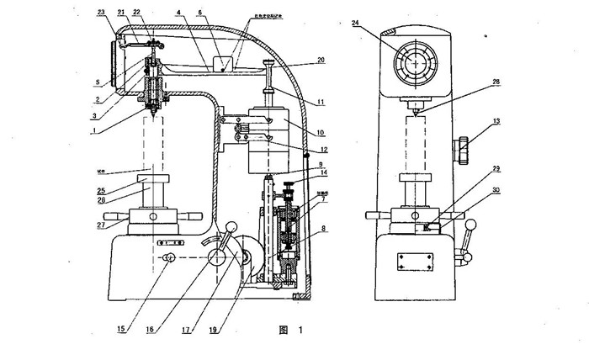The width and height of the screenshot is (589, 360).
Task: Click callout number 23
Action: [x=101, y=13]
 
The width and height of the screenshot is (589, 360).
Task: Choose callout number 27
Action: [x=102, y=225]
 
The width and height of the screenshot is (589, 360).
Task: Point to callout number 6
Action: [x=200, y=14]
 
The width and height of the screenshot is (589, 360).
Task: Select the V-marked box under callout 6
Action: [x=223, y=64]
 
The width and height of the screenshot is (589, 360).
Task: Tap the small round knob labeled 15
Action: [x=168, y=259]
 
